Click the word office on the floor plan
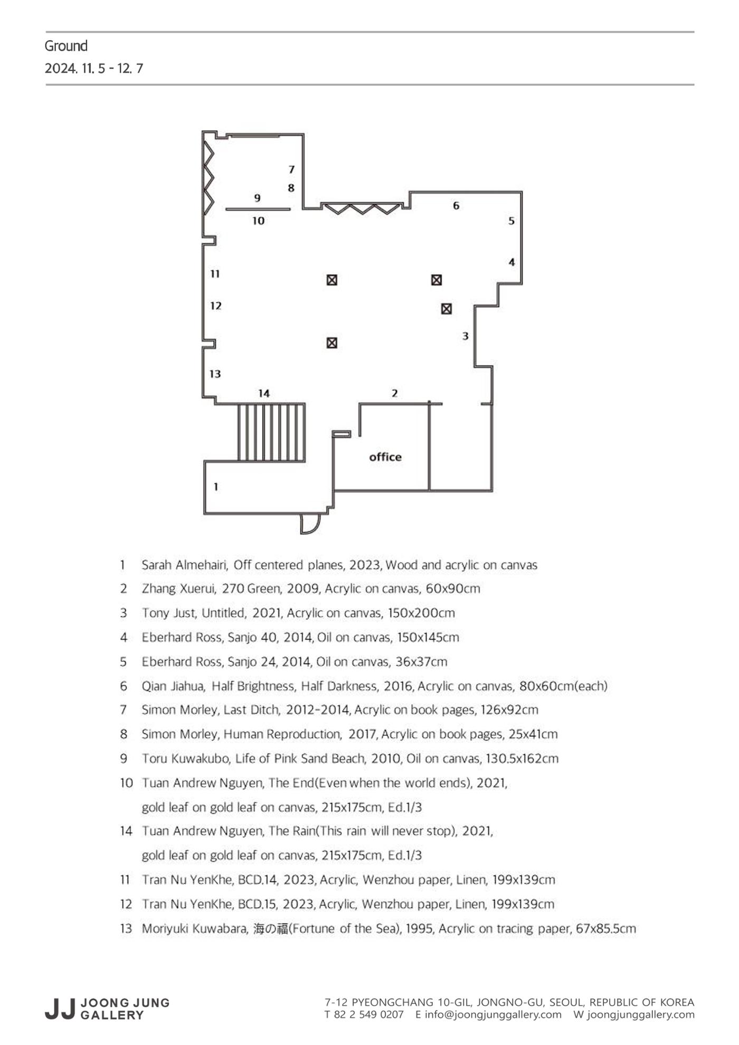[385, 457]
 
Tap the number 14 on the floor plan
[264, 393]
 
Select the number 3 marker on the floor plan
[465, 336]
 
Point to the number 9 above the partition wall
[257, 198]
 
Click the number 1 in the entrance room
[215, 487]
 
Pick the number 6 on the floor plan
[456, 205]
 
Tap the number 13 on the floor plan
[215, 374]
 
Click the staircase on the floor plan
[271, 432]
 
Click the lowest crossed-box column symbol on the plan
[331, 343]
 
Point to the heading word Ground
[66, 46]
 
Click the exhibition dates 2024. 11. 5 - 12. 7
[94, 69]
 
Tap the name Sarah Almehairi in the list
[185, 565]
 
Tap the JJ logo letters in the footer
[60, 1009]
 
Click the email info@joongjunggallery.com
[493, 1014]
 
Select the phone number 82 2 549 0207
[368, 1014]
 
